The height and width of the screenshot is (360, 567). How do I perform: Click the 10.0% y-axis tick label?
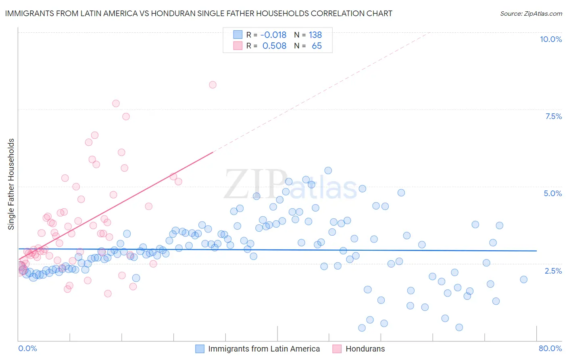(550, 39)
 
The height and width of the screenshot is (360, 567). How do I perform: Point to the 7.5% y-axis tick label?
(553, 116)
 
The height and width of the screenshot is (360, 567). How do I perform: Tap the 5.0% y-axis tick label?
(552, 193)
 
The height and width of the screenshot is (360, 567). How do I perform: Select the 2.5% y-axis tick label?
(553, 271)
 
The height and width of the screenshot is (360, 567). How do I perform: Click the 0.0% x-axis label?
(27, 348)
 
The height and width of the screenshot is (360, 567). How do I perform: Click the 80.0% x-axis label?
(550, 348)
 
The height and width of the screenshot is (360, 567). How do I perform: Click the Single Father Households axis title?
(11, 184)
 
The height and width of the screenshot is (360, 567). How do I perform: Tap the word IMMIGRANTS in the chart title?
(30, 13)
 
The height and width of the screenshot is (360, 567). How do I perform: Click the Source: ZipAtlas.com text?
(531, 13)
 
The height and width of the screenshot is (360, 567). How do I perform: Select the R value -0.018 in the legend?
(273, 35)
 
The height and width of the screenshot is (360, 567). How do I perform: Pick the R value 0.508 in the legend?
(274, 46)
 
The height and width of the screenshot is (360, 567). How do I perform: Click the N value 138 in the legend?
(315, 35)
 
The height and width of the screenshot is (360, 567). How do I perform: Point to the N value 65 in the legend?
(317, 46)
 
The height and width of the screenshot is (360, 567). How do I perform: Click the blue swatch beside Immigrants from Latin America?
(200, 349)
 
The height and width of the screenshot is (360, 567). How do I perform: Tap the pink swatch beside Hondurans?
(337, 349)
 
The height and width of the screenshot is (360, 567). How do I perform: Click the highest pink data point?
(213, 85)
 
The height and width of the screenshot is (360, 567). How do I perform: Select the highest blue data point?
(328, 171)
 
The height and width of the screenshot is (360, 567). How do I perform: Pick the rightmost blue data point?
(523, 279)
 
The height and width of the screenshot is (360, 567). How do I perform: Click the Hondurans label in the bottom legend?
(365, 349)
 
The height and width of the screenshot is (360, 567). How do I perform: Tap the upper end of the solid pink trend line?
(213, 152)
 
